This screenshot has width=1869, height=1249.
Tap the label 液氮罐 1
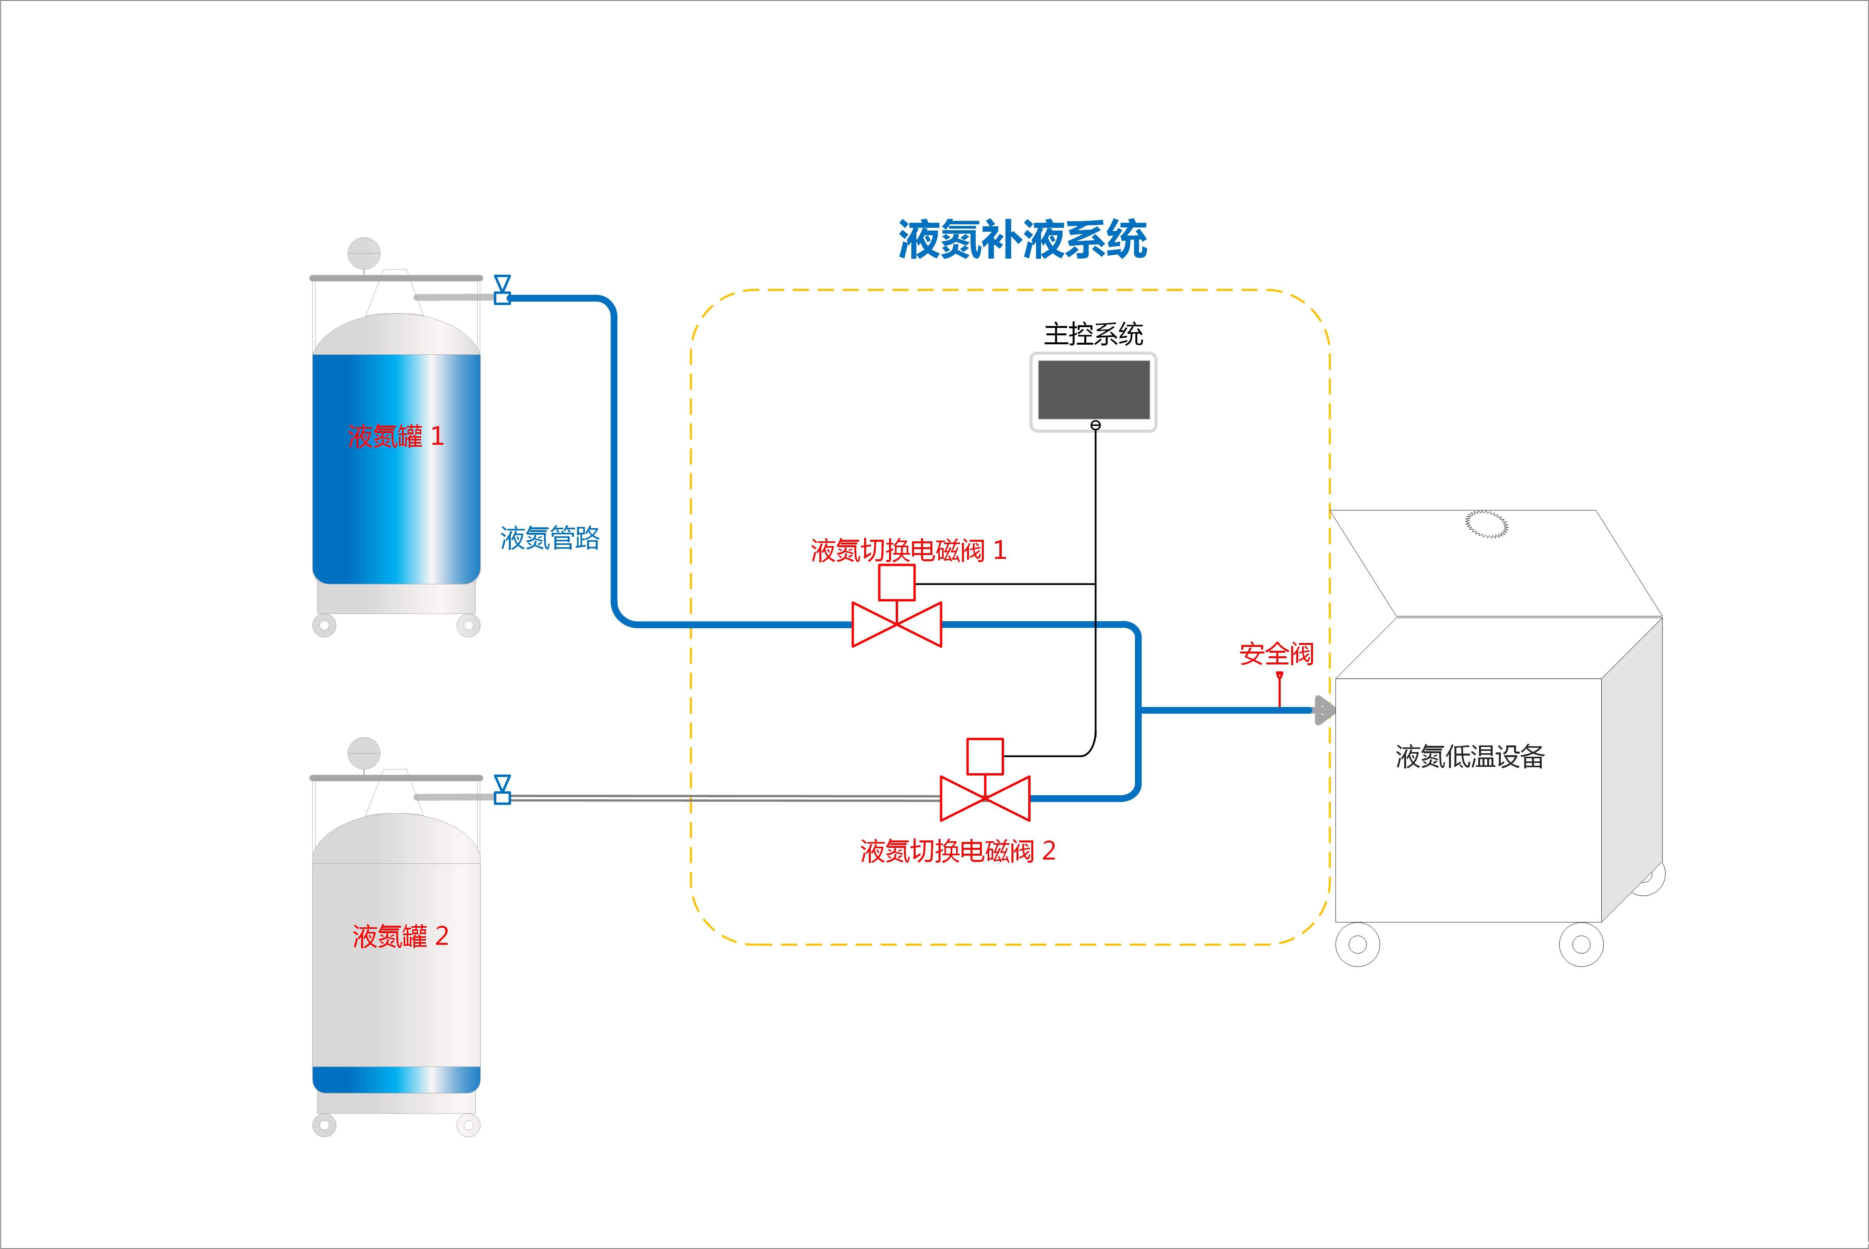(395, 437)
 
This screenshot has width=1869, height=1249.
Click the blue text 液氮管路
(550, 539)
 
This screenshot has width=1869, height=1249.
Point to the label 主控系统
(1093, 335)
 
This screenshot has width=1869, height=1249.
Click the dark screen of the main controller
(1093, 389)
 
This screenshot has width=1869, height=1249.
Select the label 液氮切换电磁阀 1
(908, 550)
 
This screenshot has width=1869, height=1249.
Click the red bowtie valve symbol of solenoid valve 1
(897, 625)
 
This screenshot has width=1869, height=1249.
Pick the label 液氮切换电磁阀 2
(958, 851)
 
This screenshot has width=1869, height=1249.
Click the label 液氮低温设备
(1470, 757)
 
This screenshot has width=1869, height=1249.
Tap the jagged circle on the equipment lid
(1487, 523)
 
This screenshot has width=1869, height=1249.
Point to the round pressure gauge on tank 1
(364, 252)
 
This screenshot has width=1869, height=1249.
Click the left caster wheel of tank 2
(324, 1125)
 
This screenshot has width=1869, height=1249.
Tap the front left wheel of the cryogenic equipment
(1357, 945)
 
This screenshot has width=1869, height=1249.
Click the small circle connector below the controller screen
(1096, 425)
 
